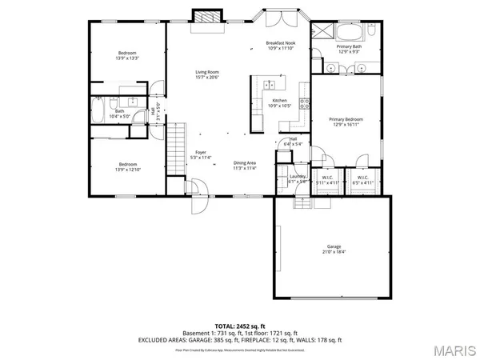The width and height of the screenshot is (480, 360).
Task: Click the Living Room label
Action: pos(207,72)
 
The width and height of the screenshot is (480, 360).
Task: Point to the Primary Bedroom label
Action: pos(346,119)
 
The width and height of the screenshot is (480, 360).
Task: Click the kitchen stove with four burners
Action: pos(303,102)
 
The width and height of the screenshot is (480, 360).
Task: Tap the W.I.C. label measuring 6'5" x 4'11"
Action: pos(362,178)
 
